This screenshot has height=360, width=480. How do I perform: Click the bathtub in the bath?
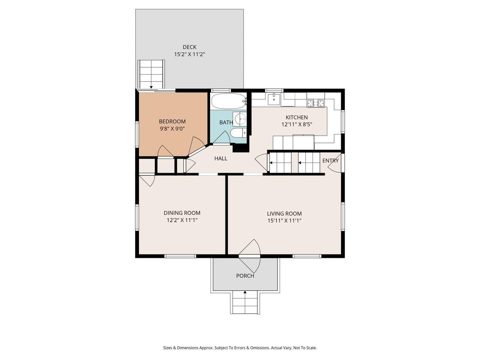(x=228, y=101)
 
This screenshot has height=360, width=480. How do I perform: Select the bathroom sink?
(x=240, y=119)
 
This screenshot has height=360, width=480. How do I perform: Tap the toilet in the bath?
(x=238, y=133)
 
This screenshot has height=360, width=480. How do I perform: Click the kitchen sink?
(x=274, y=99)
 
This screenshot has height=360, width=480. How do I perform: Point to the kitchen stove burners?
(x=316, y=103)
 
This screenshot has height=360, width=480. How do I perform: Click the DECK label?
(x=189, y=47)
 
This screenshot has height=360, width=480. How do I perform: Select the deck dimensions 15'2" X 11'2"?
(x=189, y=54)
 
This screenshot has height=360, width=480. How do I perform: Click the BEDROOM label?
(x=172, y=122)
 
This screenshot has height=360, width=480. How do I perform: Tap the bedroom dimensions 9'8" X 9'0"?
(x=172, y=129)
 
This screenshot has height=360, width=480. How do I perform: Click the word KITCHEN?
(x=297, y=117)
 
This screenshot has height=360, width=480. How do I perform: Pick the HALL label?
(x=221, y=158)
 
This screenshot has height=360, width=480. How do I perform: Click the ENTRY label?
(x=330, y=161)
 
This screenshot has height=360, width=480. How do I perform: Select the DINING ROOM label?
(x=182, y=213)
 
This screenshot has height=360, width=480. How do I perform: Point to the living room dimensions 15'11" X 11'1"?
(x=284, y=220)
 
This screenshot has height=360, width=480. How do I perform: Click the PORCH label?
(x=245, y=276)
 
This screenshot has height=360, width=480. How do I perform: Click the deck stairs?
(x=151, y=74)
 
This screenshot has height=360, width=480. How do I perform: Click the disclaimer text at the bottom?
(x=240, y=348)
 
